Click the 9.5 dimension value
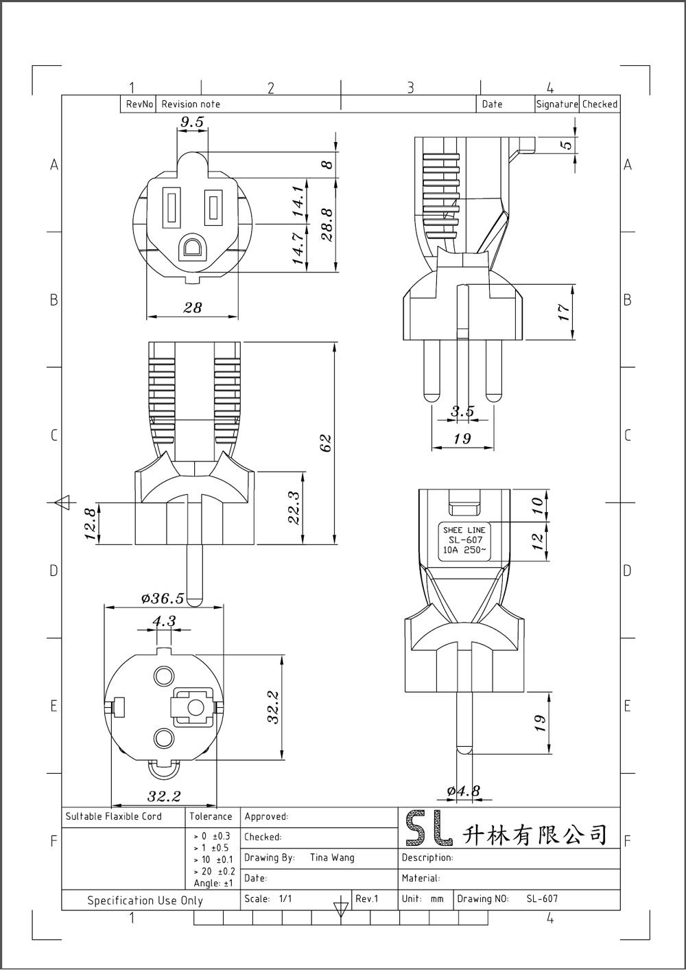click(192, 122)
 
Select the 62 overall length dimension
click(326, 443)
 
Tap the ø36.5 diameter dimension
click(163, 599)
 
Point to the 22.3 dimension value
click(294, 507)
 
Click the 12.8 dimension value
click(90, 524)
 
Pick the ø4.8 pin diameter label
click(464, 791)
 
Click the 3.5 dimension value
click(462, 411)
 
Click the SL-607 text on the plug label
click(465, 540)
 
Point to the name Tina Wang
click(332, 857)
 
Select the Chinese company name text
click(535, 834)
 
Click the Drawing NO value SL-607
click(542, 899)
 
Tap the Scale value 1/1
click(285, 899)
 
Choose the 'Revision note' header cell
click(191, 104)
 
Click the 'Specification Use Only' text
click(145, 900)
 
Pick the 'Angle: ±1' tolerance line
click(213, 883)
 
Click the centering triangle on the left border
click(63, 503)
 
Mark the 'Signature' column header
click(557, 104)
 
